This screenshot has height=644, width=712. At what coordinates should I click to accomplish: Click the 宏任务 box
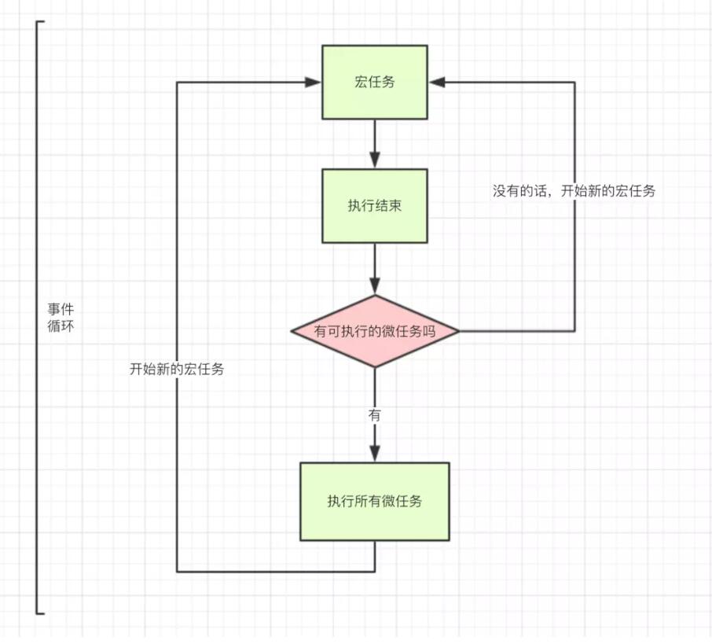375,82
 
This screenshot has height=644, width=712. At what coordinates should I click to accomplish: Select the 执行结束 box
375,205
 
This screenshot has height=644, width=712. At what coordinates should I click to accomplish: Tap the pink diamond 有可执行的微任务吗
375,331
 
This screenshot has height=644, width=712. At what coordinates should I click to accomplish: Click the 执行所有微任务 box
375,501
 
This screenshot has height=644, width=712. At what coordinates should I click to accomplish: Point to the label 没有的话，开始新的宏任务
574,191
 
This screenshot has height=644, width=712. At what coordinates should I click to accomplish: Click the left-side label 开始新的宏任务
177,368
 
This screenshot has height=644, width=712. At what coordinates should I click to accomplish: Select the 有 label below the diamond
374,415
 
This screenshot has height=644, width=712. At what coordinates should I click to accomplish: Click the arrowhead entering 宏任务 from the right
436,82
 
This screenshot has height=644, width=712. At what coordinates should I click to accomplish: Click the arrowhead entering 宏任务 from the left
314,82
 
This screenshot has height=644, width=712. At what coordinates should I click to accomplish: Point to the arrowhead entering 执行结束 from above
375,160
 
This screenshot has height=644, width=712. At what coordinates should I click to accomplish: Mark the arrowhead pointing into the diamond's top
375,287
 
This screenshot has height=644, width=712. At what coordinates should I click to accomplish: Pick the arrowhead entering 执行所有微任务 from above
375,454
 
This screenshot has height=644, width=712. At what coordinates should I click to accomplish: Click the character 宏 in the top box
362,82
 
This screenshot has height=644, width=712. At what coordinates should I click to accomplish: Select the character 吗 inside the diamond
429,331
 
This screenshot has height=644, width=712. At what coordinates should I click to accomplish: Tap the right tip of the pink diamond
459,331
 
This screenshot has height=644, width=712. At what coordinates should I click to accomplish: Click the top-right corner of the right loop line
574,82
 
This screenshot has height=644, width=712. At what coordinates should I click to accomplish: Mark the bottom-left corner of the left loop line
177,571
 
